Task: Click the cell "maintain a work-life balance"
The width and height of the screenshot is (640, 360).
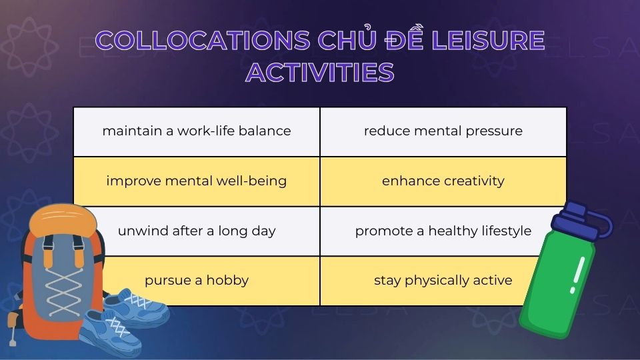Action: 197,131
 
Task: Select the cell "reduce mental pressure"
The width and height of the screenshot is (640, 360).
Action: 443,131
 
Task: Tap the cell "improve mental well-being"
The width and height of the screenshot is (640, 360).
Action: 197,181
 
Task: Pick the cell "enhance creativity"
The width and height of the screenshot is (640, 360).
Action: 443,181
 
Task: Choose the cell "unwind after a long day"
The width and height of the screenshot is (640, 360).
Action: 197,231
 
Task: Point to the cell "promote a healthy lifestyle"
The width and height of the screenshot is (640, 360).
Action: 443,231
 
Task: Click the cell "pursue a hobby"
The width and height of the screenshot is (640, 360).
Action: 197,280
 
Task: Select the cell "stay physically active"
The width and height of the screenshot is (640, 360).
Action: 443,280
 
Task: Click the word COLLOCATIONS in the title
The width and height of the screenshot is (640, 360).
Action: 203,41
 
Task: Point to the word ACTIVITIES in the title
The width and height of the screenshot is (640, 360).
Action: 320,72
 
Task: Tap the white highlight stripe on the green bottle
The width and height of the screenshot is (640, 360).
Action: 577,273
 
